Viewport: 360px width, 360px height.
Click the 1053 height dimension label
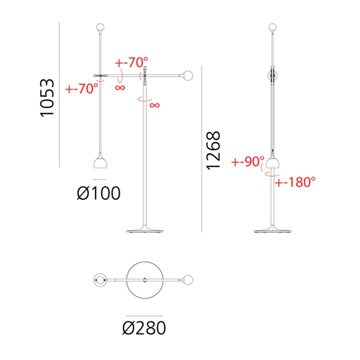tap(47, 98)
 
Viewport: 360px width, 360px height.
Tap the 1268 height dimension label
tap(213, 150)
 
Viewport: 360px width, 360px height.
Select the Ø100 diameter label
tap(99, 193)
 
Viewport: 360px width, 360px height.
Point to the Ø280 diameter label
tap(144, 328)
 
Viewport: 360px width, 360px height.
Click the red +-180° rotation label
tap(295, 182)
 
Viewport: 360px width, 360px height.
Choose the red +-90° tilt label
tap(248, 162)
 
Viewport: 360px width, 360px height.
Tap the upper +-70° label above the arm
tap(131, 62)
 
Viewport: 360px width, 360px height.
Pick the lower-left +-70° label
tap(82, 89)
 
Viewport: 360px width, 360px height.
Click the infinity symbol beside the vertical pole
tap(154, 105)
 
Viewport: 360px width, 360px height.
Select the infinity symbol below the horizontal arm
tap(120, 87)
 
